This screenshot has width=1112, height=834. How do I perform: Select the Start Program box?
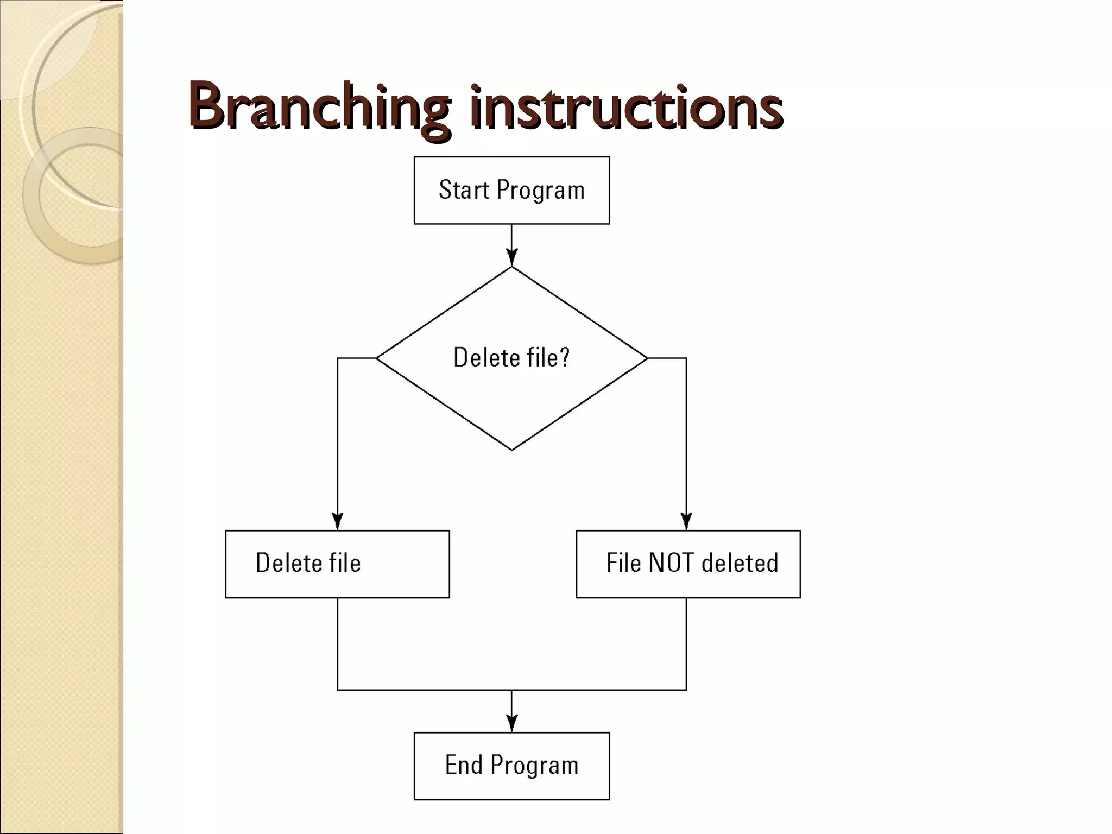coord(511,190)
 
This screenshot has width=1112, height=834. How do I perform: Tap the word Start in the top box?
coord(464,190)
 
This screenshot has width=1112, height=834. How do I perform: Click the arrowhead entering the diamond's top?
coord(511,257)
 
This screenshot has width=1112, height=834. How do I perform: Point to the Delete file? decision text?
coord(511,358)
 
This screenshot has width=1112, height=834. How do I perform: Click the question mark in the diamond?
coord(564,357)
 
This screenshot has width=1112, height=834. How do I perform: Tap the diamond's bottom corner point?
coord(511,450)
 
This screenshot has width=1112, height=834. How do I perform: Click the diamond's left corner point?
coord(377,358)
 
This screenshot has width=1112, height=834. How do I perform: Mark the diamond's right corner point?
coord(647,358)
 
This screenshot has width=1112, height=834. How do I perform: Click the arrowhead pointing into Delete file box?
coord(338,521)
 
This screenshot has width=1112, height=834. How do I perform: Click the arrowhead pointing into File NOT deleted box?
coord(686,521)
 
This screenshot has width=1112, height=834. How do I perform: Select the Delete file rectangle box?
coord(337,564)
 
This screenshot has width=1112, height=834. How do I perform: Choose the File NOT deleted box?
coord(688,564)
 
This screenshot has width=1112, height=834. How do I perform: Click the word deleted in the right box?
coord(740,563)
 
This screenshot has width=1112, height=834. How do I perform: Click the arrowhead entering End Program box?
coord(511,723)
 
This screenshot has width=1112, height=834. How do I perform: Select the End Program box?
coord(511,766)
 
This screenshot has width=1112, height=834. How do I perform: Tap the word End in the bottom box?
coord(464,765)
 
